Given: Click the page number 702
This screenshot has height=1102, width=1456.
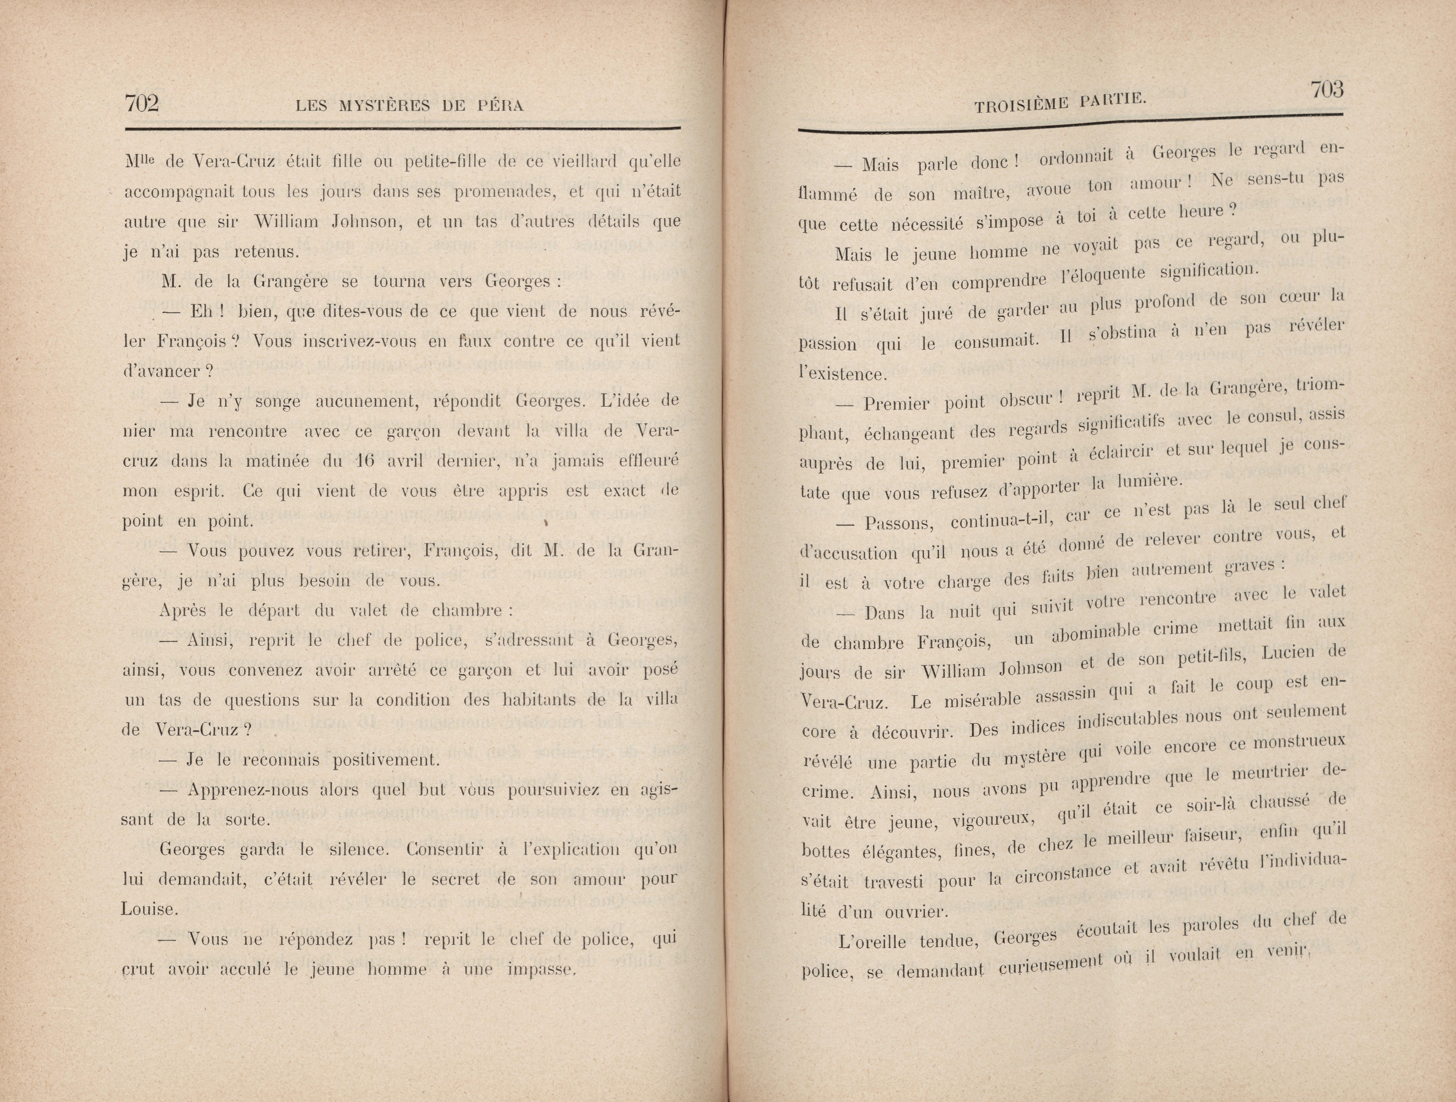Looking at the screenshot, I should [x=142, y=103].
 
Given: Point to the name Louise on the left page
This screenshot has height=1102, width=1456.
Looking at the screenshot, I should [x=150, y=910].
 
